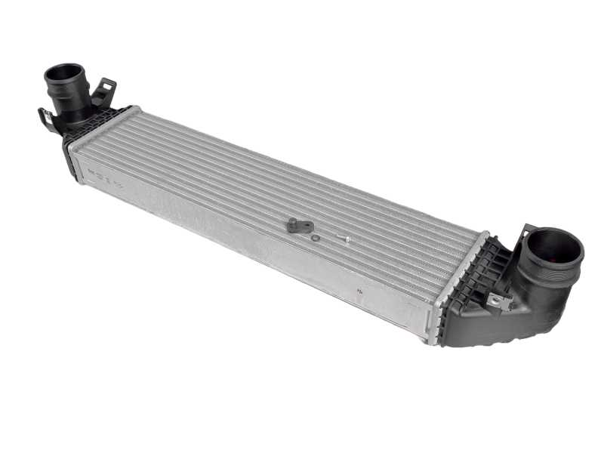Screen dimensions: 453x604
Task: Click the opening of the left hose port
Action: click(65, 75)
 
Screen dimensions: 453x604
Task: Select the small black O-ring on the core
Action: click(316, 238)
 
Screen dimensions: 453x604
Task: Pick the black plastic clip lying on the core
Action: click(299, 225)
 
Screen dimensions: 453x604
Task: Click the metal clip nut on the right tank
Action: click(498, 302)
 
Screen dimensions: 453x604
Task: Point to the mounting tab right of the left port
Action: click(103, 91)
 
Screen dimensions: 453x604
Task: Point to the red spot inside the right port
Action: click(563, 264)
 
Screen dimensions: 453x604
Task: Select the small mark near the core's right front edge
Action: click(360, 288)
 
